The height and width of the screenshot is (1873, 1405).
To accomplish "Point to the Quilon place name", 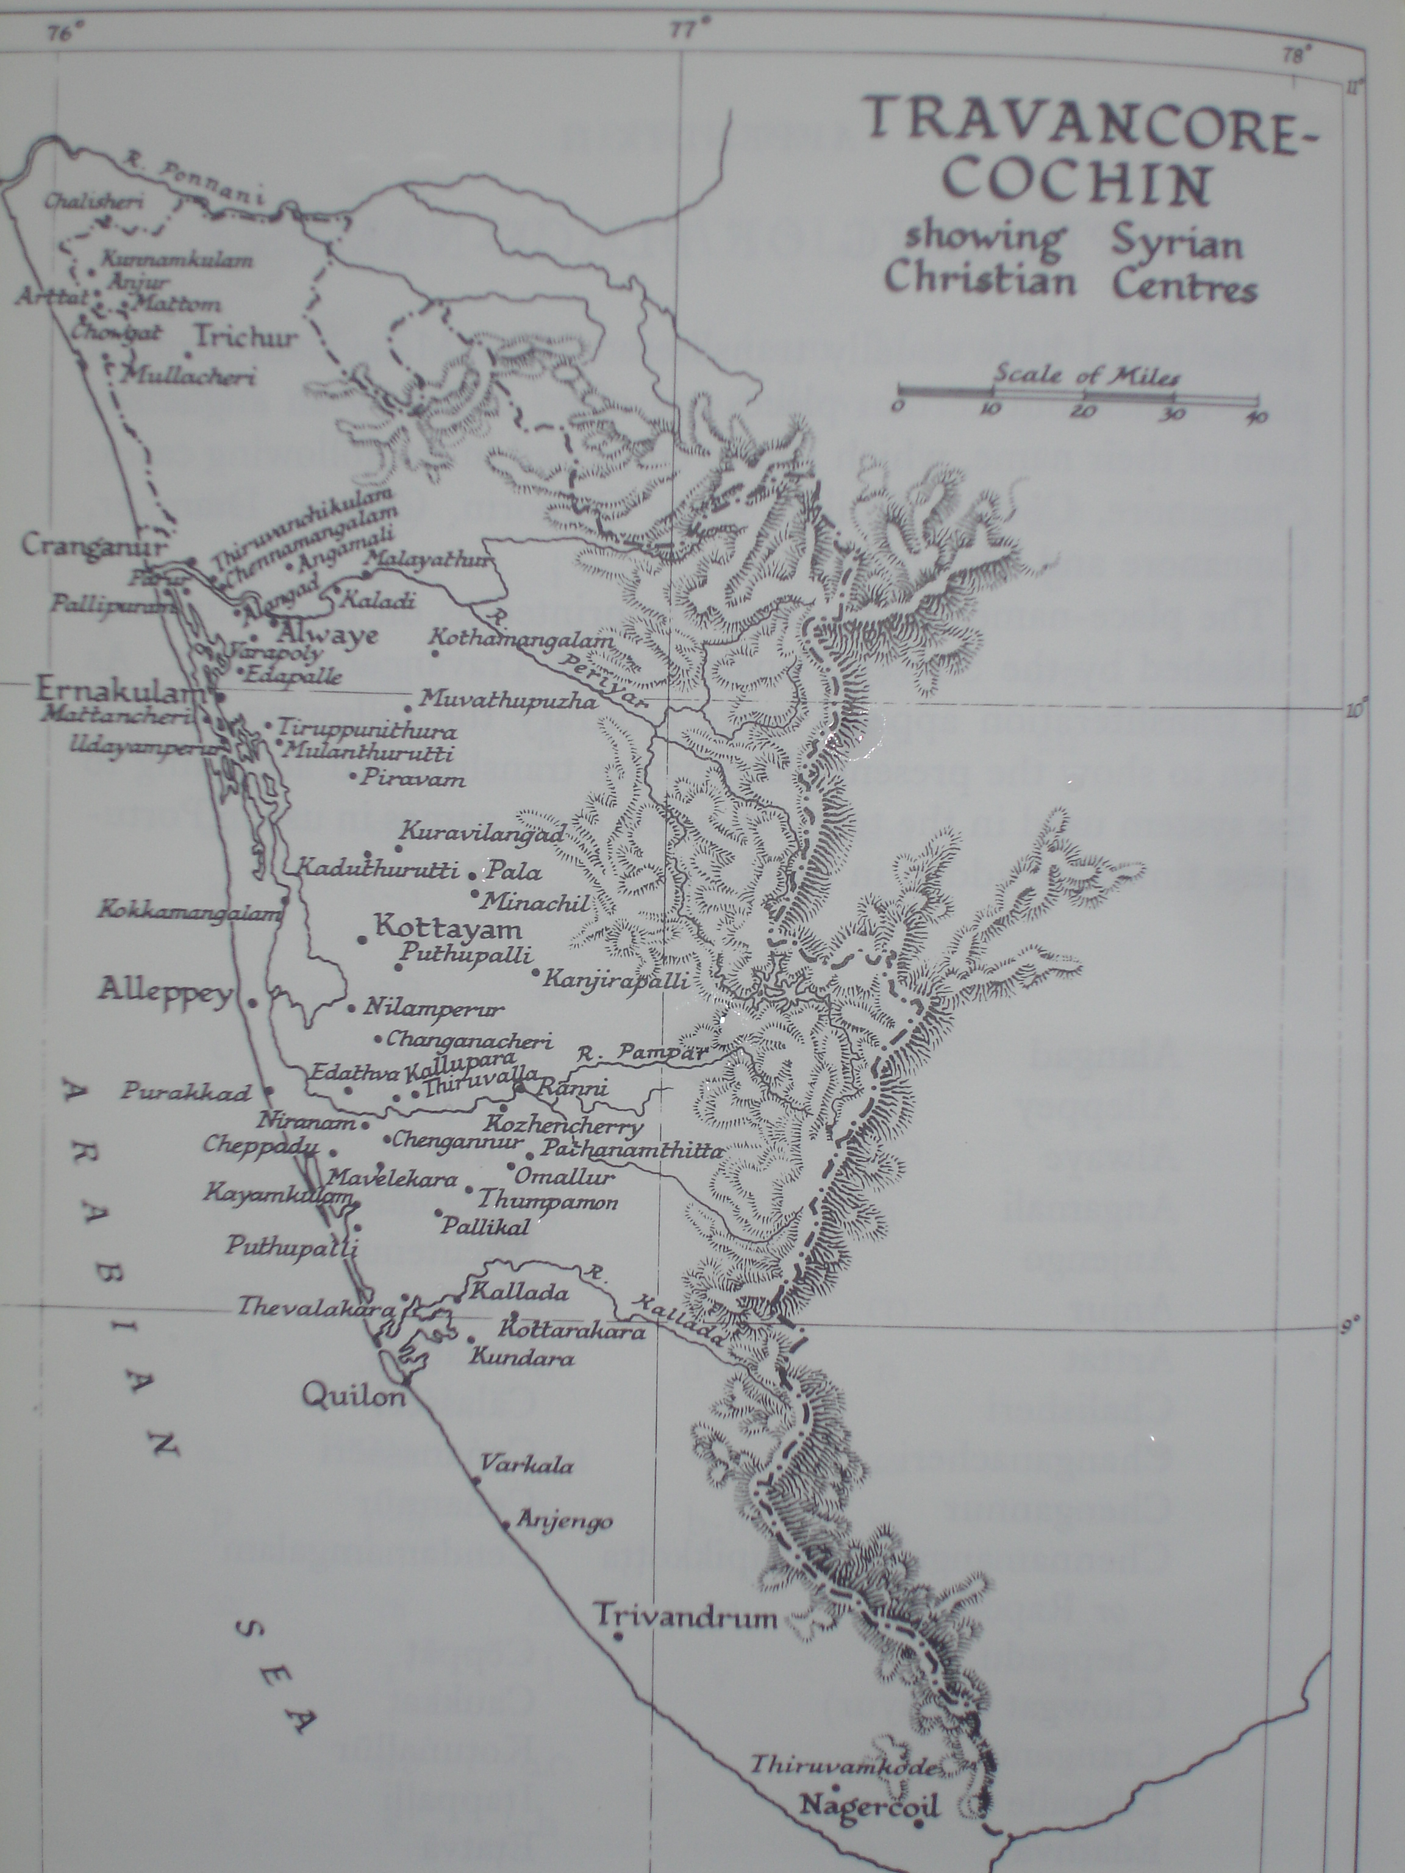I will point(354,1396).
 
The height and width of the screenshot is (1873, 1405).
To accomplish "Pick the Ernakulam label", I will point(121,691).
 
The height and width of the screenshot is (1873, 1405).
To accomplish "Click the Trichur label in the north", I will point(246,337).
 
